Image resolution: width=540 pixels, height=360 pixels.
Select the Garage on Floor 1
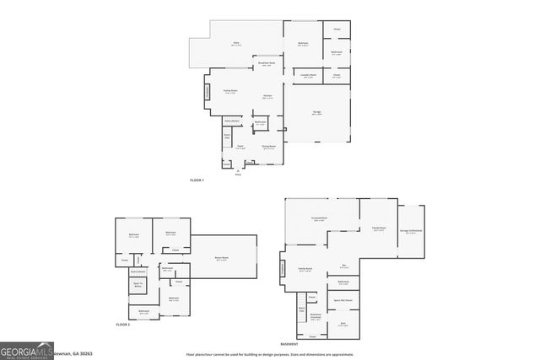[316, 111]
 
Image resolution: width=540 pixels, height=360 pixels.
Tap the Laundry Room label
[308, 76]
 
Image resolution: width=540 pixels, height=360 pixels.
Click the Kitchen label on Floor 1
[267, 97]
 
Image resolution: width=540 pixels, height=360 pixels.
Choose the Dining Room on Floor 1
[267, 146]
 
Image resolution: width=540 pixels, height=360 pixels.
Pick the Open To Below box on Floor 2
[138, 285]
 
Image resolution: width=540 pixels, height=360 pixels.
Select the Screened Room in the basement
[319, 220]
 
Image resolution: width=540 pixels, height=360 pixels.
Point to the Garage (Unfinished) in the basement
[412, 231]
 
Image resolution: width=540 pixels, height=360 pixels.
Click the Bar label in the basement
[343, 266]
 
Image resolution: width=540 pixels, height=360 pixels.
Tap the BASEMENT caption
[289, 345]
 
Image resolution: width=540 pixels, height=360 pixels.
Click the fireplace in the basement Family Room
[283, 269]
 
